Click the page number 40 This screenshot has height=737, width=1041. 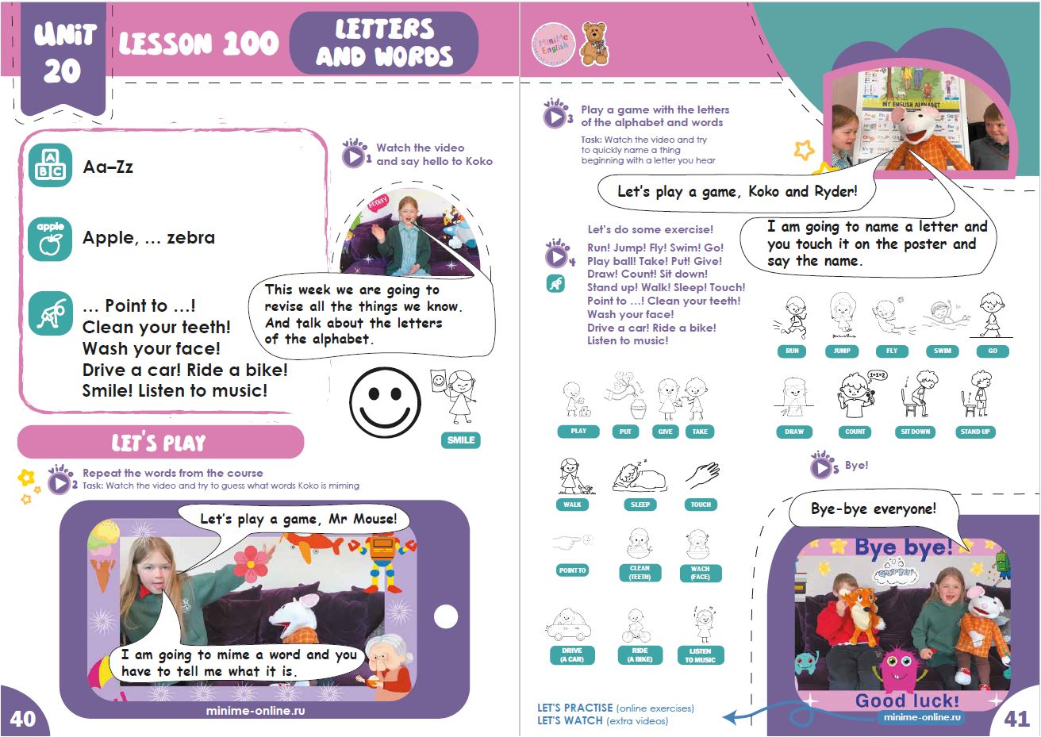coord(22,718)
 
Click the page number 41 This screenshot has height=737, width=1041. coord(1016,719)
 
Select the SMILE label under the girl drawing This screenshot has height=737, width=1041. coord(461,440)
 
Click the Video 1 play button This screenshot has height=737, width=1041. coord(353,156)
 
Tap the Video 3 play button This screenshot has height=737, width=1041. coord(554,117)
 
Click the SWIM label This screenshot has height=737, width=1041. coord(943,351)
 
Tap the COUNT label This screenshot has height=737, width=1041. coord(855,432)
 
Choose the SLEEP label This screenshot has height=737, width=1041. coord(640,505)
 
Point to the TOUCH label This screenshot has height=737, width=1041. coord(701,505)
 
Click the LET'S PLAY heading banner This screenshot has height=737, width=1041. coord(159,442)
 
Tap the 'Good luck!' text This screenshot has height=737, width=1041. coord(907,701)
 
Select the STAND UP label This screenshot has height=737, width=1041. coord(974,432)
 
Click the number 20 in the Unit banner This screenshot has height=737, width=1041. coord(62,71)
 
